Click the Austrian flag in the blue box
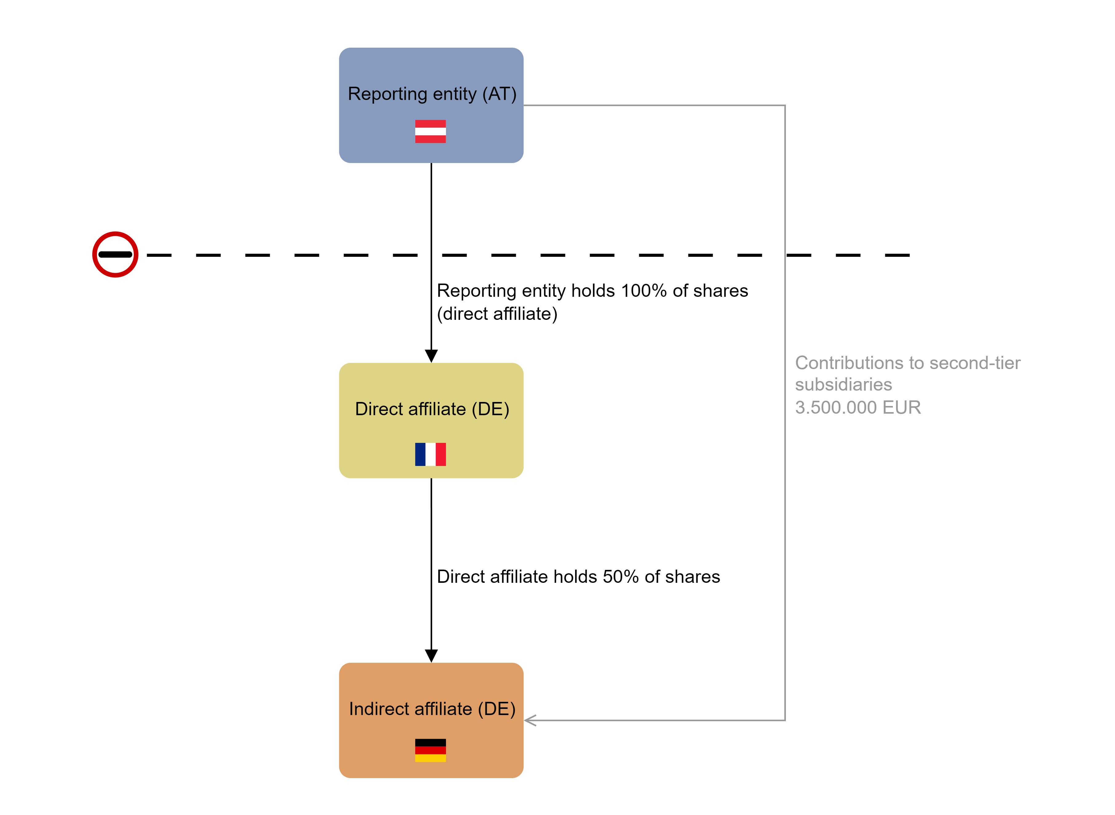(x=430, y=131)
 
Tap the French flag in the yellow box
(x=430, y=454)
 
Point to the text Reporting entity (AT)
(x=432, y=94)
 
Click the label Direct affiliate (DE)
(x=432, y=409)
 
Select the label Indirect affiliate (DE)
(x=432, y=709)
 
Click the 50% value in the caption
(x=621, y=576)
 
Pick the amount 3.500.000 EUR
(x=858, y=407)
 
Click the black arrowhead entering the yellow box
(x=431, y=356)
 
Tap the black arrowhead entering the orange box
(x=431, y=656)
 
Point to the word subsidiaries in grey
(x=843, y=384)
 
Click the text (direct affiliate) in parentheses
(x=497, y=314)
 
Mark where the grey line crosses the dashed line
(x=785, y=255)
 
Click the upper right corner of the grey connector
(x=785, y=105)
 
